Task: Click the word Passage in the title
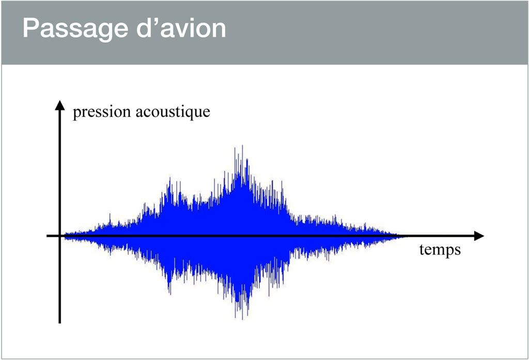(x=75, y=29)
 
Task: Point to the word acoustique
(x=173, y=113)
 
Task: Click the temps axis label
(x=440, y=251)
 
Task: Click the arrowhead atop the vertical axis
(x=60, y=105)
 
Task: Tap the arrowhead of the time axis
(x=479, y=236)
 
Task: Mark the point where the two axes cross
(x=60, y=236)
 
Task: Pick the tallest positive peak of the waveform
(x=242, y=146)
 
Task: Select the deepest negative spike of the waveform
(x=242, y=319)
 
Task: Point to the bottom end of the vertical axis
(x=60, y=323)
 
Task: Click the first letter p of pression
(x=77, y=115)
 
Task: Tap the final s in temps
(x=458, y=251)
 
